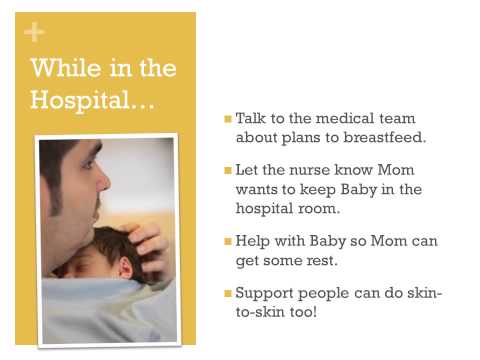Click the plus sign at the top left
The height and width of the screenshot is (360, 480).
point(34,33)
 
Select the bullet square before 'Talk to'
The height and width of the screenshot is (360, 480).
point(228,120)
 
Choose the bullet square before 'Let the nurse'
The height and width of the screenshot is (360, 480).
point(228,171)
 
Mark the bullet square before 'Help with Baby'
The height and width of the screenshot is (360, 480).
point(228,242)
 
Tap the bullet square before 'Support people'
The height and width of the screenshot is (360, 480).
point(228,294)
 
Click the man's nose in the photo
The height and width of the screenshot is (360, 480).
point(103,183)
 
